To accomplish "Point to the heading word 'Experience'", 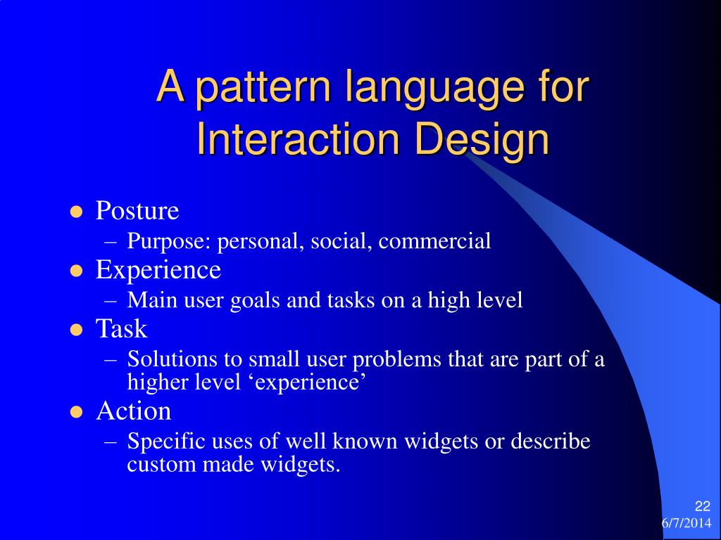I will coord(158,270).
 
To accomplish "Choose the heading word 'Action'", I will coord(133,411).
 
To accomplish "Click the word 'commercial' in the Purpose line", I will coord(434,242).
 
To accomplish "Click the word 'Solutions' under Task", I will coord(173,359).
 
